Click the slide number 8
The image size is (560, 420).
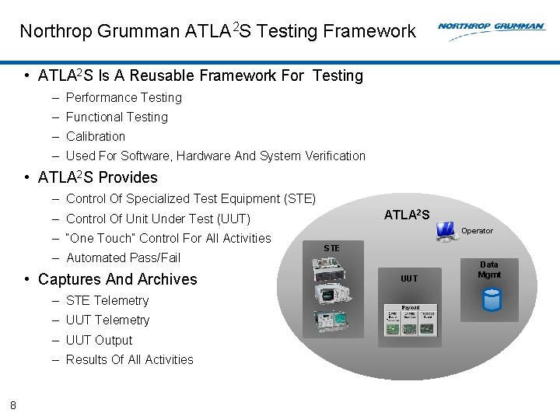[13, 404]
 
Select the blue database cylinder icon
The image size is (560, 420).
[491, 299]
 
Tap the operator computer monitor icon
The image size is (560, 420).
[446, 230]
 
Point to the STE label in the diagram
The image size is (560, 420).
[331, 248]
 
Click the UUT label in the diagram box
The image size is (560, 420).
[409, 278]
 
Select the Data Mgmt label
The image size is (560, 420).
[489, 269]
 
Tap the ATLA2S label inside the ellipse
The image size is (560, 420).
[407, 215]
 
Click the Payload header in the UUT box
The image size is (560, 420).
[411, 308]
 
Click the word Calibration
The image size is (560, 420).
[96, 136]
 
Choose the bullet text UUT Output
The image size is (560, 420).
[99, 340]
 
